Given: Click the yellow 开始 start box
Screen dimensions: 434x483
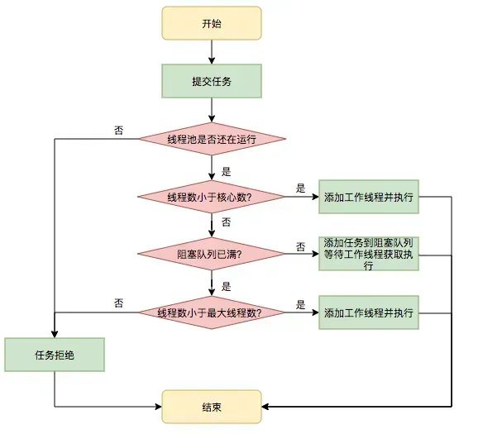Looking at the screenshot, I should tap(211, 23).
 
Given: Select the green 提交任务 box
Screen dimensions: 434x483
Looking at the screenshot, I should tap(211, 81).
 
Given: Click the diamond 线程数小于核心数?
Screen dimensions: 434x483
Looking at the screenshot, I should tap(211, 197).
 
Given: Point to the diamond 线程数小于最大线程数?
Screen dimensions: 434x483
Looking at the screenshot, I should tap(211, 313).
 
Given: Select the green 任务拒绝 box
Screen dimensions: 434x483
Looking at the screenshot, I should tap(55, 355).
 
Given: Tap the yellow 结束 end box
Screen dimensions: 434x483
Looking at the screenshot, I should tap(211, 407).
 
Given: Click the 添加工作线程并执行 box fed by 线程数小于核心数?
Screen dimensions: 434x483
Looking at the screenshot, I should tap(369, 197).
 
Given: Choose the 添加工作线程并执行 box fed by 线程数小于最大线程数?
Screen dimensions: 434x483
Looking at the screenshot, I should tap(369, 313).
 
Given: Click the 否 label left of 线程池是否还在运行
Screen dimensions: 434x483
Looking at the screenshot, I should tap(119, 131).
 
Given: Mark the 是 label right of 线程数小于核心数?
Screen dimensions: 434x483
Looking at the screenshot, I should tap(300, 188).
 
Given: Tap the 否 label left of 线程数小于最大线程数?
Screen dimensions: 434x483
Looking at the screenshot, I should tap(119, 303).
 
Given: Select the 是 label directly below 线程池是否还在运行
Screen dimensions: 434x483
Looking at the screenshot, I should tap(226, 172).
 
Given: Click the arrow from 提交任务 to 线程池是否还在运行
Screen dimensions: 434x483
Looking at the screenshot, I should tap(211, 109).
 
